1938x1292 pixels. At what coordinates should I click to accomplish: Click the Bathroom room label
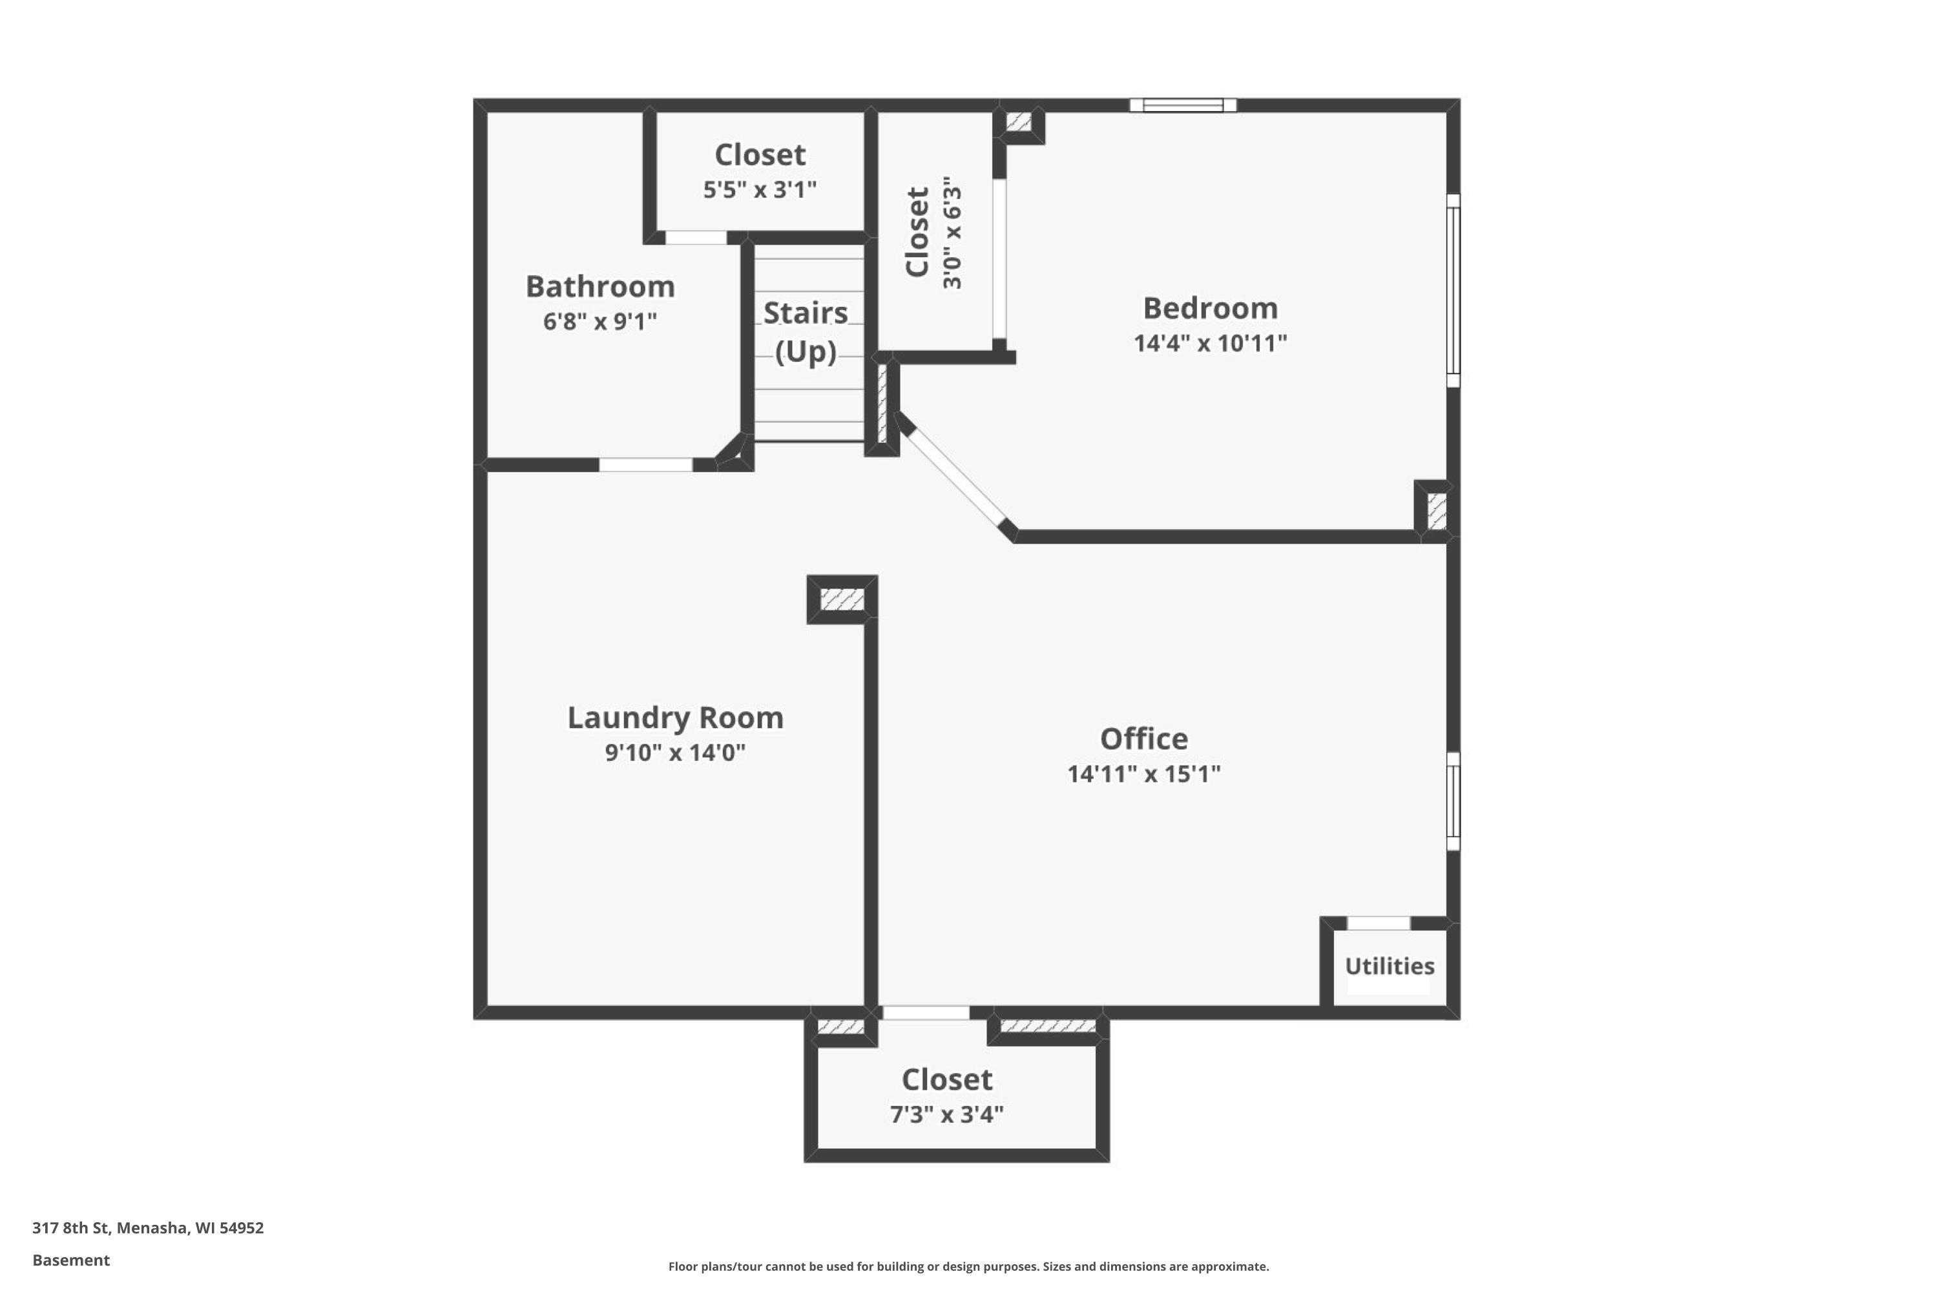pos(600,287)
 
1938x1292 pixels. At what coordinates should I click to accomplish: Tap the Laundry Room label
pos(675,718)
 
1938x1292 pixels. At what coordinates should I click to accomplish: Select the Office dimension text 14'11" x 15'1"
pos(1143,774)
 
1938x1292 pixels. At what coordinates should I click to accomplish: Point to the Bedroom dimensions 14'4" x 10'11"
pos(1209,343)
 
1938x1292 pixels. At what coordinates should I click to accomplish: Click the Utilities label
pos(1390,966)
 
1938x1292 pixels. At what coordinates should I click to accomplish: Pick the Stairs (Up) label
pos(805,332)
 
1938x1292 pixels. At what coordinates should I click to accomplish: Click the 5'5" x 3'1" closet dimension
pos(759,189)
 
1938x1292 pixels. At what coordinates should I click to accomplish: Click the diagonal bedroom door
pos(956,474)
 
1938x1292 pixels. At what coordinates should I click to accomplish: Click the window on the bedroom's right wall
pos(1453,291)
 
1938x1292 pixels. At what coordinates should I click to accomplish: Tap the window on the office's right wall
pos(1453,801)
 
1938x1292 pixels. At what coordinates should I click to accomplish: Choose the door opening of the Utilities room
pos(1379,923)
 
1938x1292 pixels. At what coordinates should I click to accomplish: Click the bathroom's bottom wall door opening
pos(645,464)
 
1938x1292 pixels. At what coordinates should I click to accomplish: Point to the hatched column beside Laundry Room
pos(842,599)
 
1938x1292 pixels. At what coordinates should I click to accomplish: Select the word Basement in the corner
pos(71,1260)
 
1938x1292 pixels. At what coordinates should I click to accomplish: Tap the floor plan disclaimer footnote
pos(968,1266)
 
